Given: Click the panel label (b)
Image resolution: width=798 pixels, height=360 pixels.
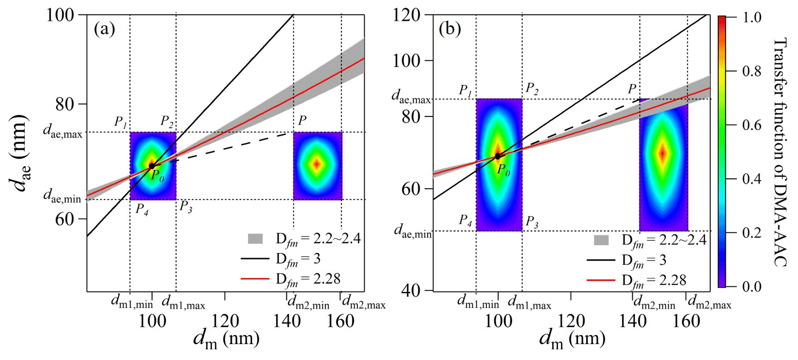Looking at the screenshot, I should [450, 29].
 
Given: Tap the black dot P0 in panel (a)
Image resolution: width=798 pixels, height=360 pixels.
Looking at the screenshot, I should [152, 166].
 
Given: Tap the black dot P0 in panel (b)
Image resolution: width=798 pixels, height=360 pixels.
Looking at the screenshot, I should [498, 156].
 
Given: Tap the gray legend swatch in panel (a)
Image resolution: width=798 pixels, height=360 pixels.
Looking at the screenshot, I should [255, 238].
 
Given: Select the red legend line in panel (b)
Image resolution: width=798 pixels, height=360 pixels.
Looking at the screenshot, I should [600, 280].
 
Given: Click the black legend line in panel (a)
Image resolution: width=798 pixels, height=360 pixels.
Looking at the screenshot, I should [255, 259].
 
